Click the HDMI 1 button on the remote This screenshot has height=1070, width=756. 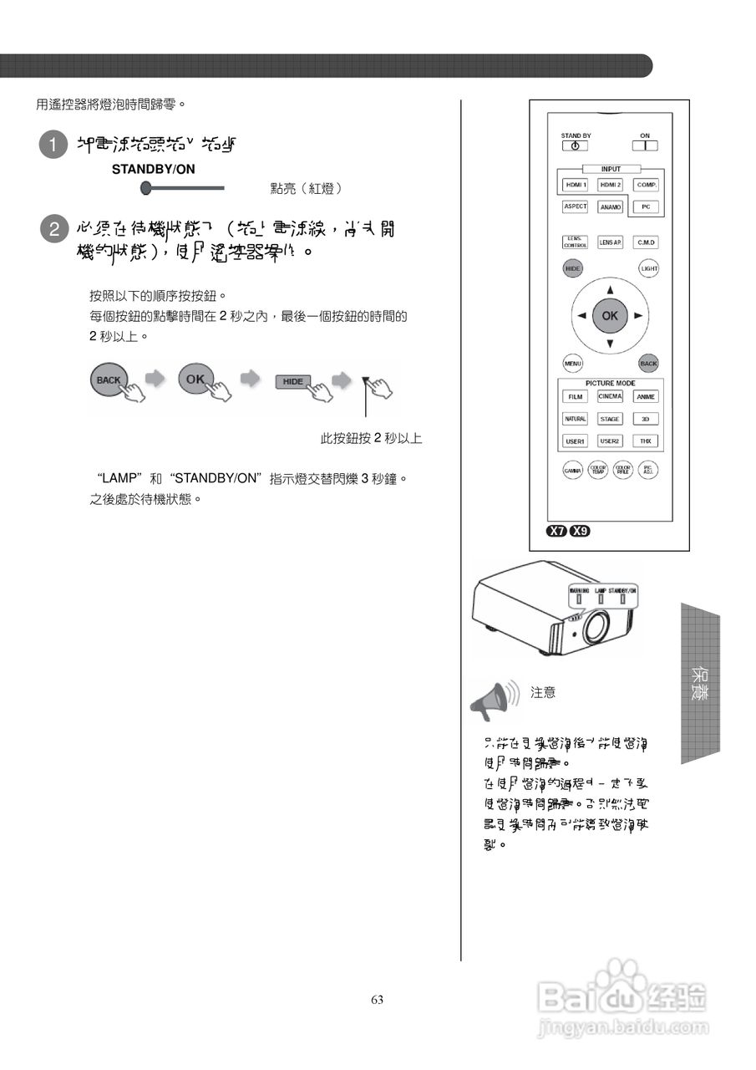pyautogui.click(x=576, y=184)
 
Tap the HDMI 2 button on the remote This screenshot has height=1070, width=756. pyautogui.click(x=610, y=184)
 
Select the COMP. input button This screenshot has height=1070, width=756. pyautogui.click(x=646, y=184)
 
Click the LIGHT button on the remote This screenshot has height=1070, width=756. pyautogui.click(x=649, y=268)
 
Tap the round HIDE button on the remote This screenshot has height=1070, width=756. pyautogui.click(x=572, y=268)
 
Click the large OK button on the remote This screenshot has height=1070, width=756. pyautogui.click(x=610, y=316)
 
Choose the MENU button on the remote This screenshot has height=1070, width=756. pyautogui.click(x=572, y=364)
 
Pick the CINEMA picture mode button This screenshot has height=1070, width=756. pyautogui.click(x=610, y=396)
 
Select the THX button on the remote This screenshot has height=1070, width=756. pyautogui.click(x=646, y=441)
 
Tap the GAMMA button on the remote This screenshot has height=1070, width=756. pyautogui.click(x=572, y=471)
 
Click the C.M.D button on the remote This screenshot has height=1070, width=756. pyautogui.click(x=646, y=242)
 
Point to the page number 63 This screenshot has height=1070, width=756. pyautogui.click(x=378, y=1000)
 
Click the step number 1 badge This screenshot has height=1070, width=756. pyautogui.click(x=53, y=145)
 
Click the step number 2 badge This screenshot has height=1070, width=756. pyautogui.click(x=53, y=228)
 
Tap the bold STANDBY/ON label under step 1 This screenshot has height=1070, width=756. pyautogui.click(x=154, y=169)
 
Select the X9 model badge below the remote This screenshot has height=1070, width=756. pyautogui.click(x=579, y=531)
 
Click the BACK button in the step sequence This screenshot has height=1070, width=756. pyautogui.click(x=109, y=380)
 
